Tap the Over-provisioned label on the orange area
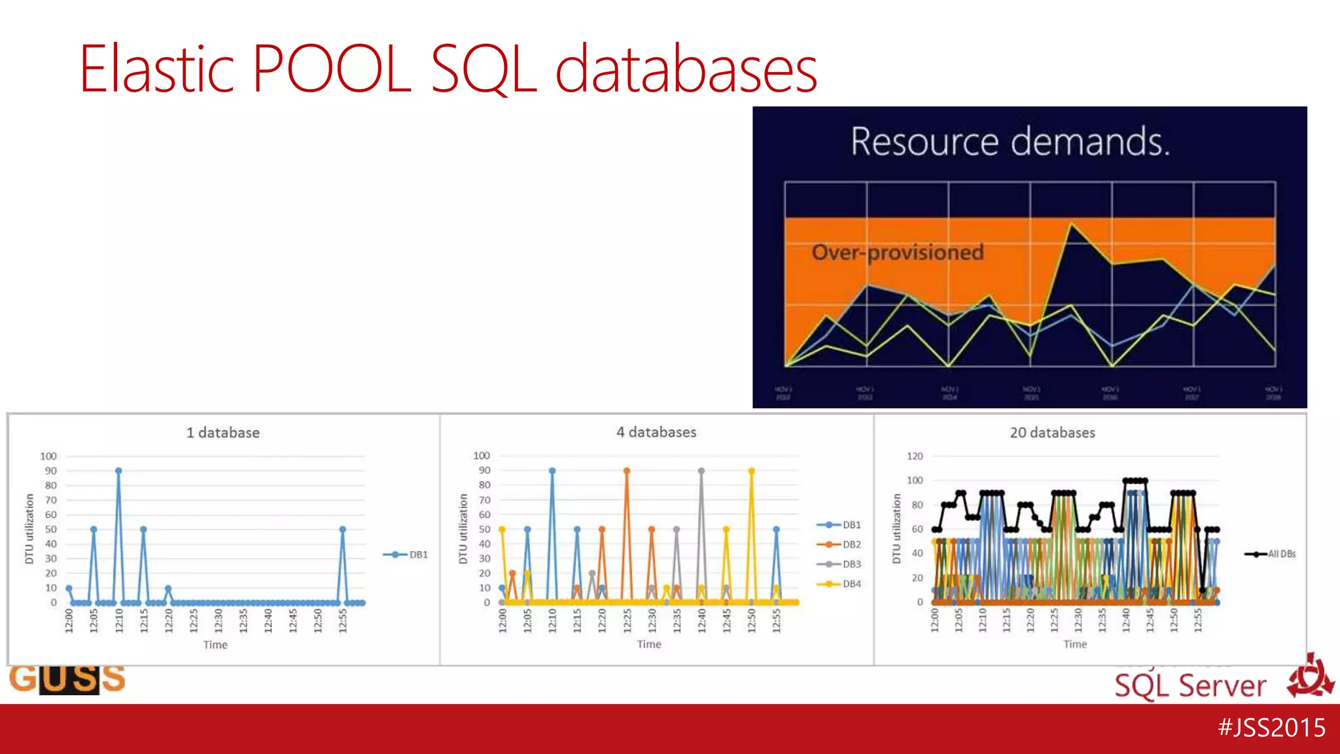(x=898, y=252)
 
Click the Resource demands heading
(x=1010, y=141)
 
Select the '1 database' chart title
(x=222, y=433)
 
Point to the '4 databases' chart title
(x=656, y=432)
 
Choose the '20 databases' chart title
(x=1052, y=433)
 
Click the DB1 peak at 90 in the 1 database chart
(x=118, y=471)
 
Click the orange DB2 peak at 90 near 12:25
(x=627, y=471)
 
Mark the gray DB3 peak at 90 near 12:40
(x=701, y=471)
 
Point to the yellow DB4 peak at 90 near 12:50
(x=751, y=471)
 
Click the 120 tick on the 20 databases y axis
(x=915, y=456)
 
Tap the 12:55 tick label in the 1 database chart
(x=343, y=620)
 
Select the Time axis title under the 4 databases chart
(x=649, y=644)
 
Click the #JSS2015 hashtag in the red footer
(x=1271, y=728)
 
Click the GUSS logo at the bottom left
(x=67, y=679)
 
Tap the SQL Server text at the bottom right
(x=1190, y=686)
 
